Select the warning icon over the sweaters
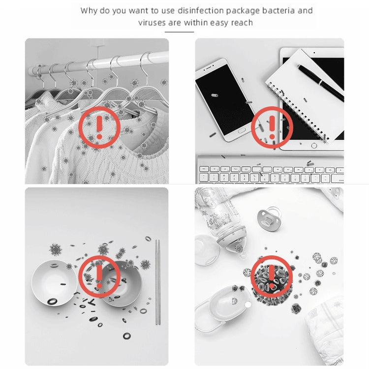(99, 127)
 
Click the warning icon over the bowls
(99, 277)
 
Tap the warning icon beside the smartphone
(272, 127)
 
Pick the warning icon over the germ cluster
(272, 277)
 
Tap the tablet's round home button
(314, 146)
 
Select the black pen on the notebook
(320, 82)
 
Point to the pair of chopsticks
(157, 282)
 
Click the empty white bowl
(54, 283)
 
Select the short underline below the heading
(179, 32)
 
